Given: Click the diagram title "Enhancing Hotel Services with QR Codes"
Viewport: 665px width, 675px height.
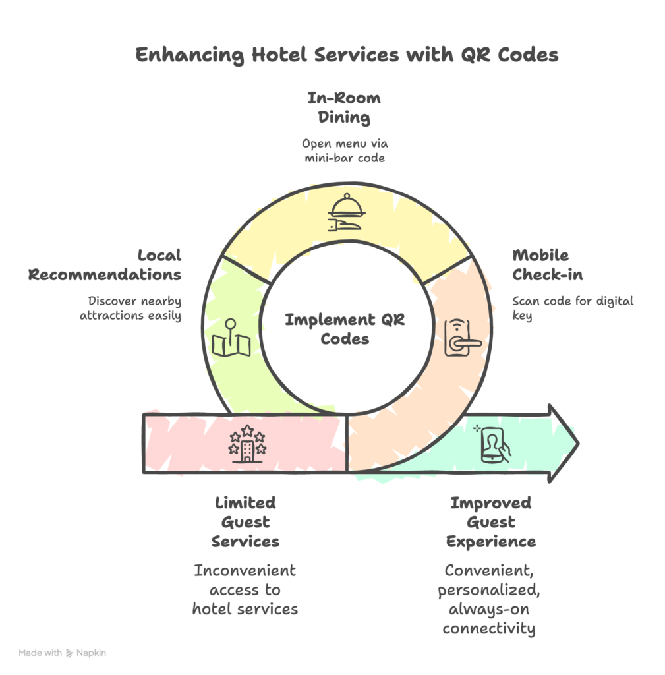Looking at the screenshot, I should pyautogui.click(x=347, y=55).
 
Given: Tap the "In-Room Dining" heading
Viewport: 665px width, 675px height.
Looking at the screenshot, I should pyautogui.click(x=343, y=108).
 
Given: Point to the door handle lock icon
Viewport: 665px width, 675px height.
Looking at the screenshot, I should pyautogui.click(x=459, y=337).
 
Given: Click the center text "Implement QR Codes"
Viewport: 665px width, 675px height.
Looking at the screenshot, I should pyautogui.click(x=344, y=330).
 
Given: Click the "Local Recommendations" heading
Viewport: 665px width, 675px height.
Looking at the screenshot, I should pyautogui.click(x=105, y=264).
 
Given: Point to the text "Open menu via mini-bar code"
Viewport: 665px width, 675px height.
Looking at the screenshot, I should pyautogui.click(x=343, y=151).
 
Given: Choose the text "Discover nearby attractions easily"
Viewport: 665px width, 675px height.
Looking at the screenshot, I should pyautogui.click(x=130, y=308).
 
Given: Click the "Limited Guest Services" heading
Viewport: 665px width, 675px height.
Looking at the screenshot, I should pyautogui.click(x=245, y=522).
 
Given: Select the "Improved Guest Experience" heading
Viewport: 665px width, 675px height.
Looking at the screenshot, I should pyautogui.click(x=490, y=522).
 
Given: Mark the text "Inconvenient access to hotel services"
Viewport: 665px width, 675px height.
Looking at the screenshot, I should pyautogui.click(x=245, y=589).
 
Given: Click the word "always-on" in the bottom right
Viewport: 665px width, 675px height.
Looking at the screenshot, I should pyautogui.click(x=488, y=609).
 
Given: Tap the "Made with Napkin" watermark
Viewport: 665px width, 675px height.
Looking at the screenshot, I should pyautogui.click(x=62, y=653).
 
